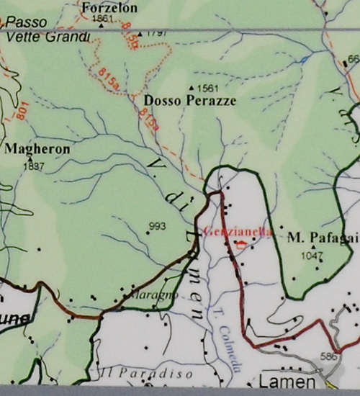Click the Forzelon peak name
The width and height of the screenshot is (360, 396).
109,7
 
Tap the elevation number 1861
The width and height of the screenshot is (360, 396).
104,18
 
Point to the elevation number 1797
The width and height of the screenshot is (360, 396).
157,33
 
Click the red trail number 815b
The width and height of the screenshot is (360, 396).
130,33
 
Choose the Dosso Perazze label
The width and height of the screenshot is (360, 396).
189,101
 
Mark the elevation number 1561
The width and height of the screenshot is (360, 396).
207,88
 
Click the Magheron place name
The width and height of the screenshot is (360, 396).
37,149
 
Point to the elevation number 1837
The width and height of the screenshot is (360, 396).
34,166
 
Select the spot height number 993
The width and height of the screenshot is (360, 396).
156,226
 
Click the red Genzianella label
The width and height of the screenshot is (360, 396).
238,232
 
